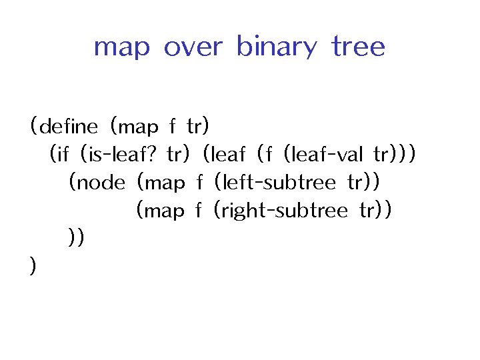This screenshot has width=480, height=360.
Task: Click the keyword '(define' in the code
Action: pos(64,126)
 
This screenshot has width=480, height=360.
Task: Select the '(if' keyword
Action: pos(59,155)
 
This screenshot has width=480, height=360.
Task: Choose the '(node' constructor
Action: pos(97,183)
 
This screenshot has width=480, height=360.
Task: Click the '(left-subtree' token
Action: pos(275,183)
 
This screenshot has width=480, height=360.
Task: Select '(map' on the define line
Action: pos(134,126)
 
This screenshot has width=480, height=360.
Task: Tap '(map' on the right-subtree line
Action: pos(159,211)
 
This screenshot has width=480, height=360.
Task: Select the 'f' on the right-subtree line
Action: pos(198,211)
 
